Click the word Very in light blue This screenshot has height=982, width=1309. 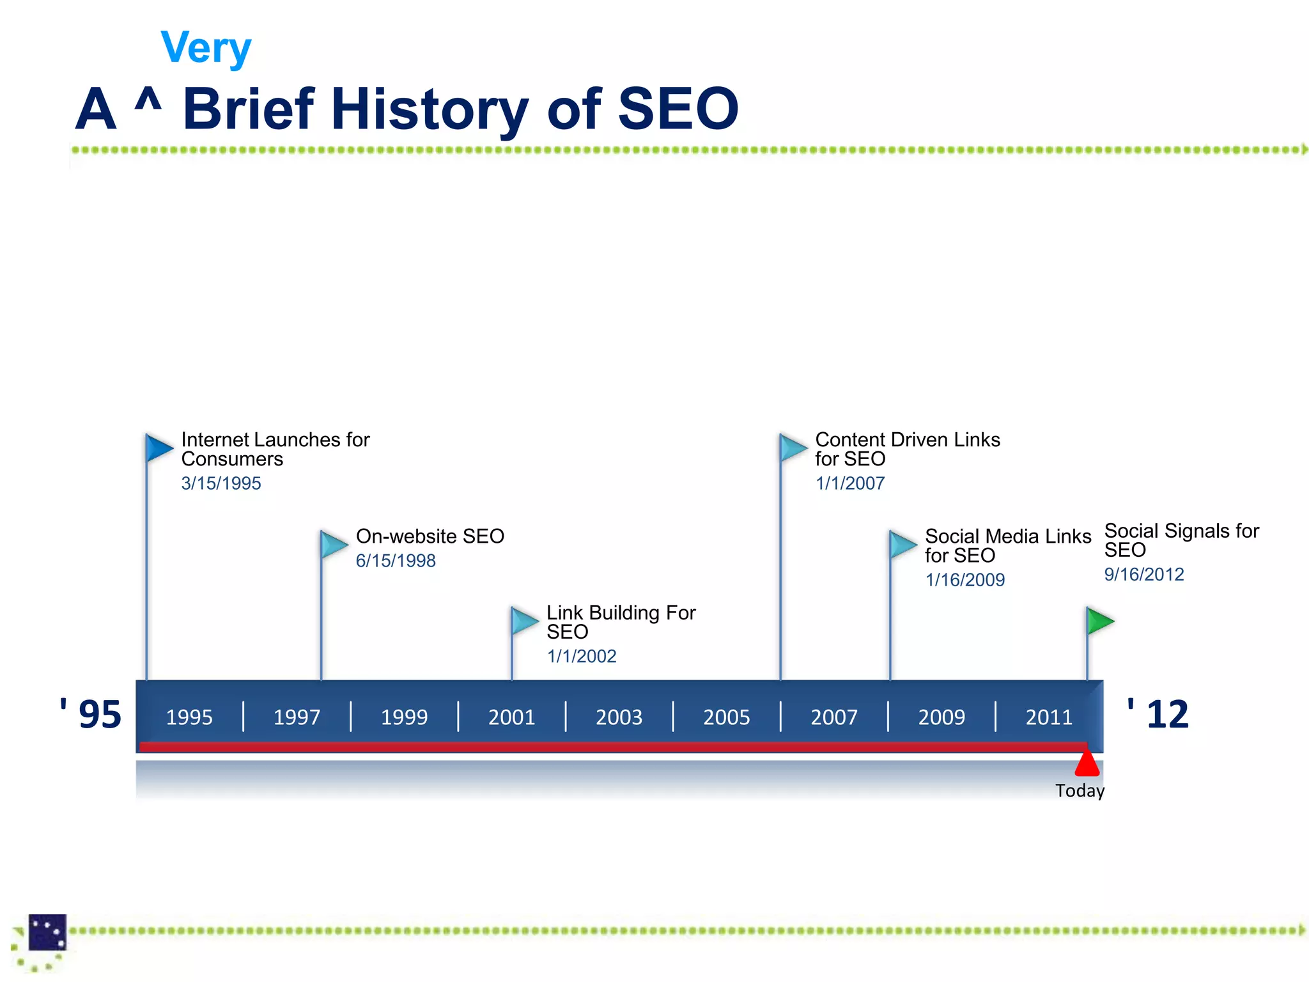pyautogui.click(x=206, y=48)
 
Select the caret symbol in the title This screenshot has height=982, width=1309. pyautogui.click(x=148, y=101)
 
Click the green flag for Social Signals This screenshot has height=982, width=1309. pyautogui.click(x=1100, y=621)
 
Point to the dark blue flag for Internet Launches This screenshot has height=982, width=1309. pyautogui.click(x=159, y=447)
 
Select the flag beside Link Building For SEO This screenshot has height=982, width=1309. pyautogui.click(x=524, y=621)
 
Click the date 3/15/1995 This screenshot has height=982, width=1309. pyautogui.click(x=221, y=483)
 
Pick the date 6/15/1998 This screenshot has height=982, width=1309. pyautogui.click(x=396, y=561)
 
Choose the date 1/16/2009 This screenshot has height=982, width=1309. pyautogui.click(x=965, y=580)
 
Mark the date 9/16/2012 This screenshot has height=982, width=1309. pyautogui.click(x=1144, y=574)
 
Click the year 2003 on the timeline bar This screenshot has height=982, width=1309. pyautogui.click(x=619, y=717)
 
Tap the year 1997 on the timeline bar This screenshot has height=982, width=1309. pyautogui.click(x=297, y=717)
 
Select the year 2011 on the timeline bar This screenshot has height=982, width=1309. pyautogui.click(x=1049, y=717)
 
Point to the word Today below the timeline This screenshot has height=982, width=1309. pyautogui.click(x=1080, y=791)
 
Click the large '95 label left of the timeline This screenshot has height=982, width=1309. pyautogui.click(x=91, y=714)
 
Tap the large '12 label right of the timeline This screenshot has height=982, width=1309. pyautogui.click(x=1158, y=714)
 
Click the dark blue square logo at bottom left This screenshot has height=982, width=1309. pyautogui.click(x=47, y=932)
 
